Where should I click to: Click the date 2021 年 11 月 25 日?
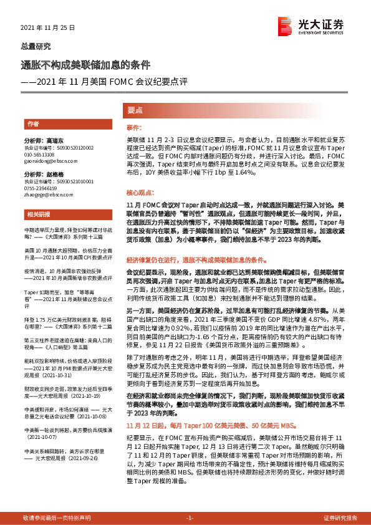[48, 28]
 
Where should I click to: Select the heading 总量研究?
[36, 47]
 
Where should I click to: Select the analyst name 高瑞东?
[55, 141]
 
